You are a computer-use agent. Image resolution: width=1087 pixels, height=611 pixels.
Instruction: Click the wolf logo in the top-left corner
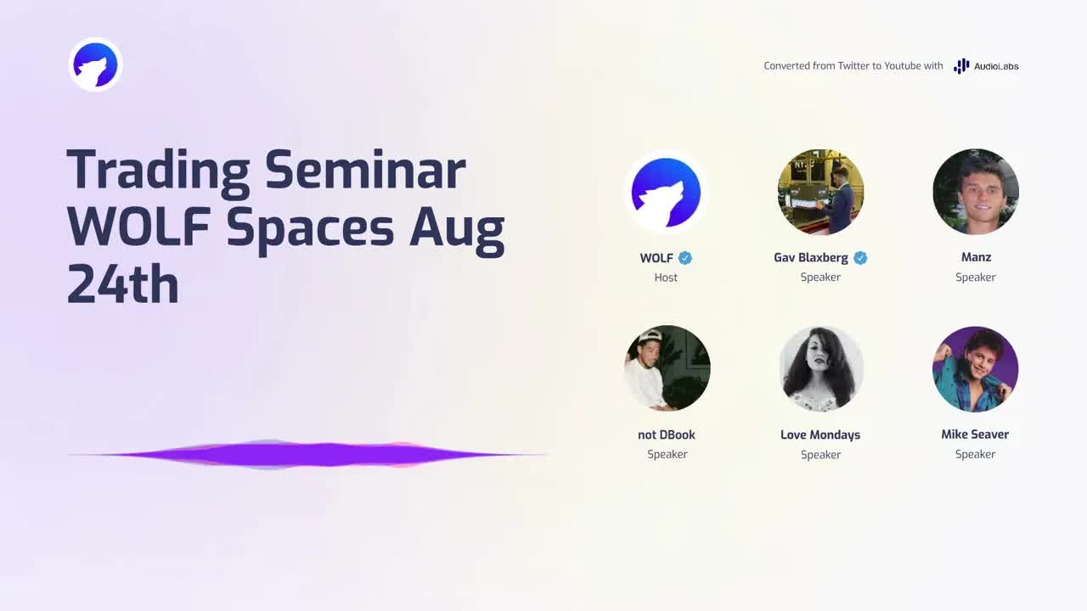click(x=95, y=64)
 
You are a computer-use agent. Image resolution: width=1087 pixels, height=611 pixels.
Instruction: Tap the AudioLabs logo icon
click(x=961, y=66)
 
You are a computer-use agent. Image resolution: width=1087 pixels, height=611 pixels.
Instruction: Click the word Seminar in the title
click(x=365, y=171)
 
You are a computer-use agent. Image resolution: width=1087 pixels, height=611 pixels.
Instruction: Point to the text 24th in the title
click(x=123, y=284)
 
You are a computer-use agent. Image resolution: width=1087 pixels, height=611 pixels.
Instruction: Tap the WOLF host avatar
click(x=666, y=192)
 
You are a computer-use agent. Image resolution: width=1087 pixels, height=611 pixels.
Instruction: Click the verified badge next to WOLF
click(x=685, y=258)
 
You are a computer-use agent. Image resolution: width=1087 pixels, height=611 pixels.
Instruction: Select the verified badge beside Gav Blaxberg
click(x=860, y=258)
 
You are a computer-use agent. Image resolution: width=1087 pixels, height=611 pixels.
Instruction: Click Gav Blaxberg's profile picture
click(x=820, y=192)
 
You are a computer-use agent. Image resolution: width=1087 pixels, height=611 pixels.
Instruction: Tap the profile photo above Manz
click(x=976, y=192)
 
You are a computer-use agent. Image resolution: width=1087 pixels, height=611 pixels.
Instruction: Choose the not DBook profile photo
click(x=667, y=368)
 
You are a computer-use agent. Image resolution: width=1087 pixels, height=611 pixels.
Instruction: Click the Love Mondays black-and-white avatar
click(x=820, y=368)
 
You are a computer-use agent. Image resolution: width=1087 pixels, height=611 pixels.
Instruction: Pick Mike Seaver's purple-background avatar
click(x=976, y=369)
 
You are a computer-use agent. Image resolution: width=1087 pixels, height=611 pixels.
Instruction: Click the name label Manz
click(x=976, y=257)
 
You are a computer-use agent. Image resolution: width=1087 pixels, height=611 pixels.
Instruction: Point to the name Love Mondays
click(x=820, y=435)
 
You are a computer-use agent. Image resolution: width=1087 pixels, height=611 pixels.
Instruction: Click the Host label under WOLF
click(x=666, y=277)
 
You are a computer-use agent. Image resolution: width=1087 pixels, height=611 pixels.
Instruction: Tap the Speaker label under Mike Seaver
click(x=976, y=454)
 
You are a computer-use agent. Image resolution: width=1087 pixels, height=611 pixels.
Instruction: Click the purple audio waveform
click(x=308, y=455)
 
